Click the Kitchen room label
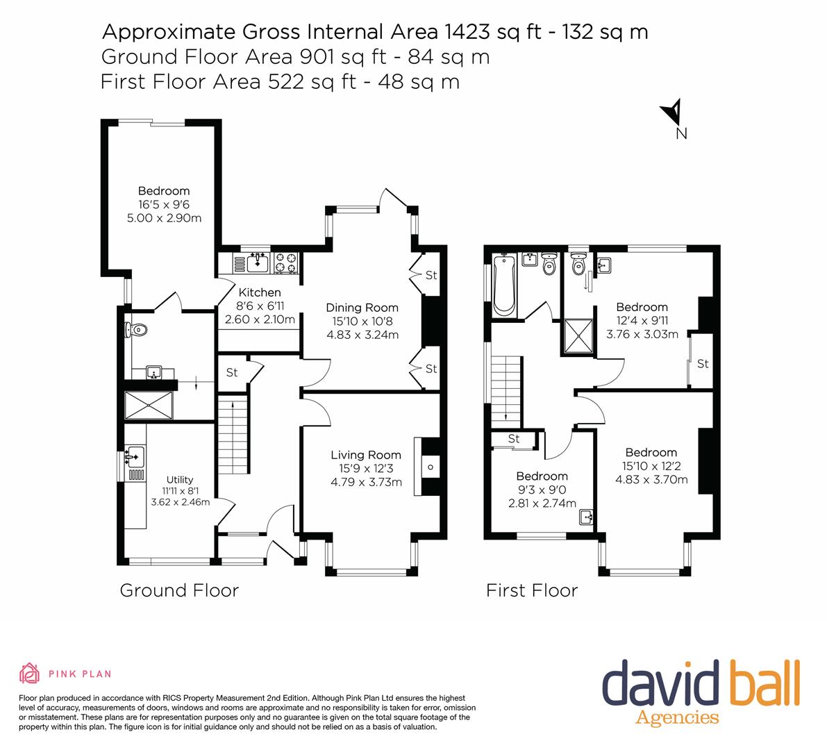[260, 292]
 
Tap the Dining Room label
[362, 308]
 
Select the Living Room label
[365, 456]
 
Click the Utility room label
[179, 480]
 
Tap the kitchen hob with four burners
[286, 262]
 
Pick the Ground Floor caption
[179, 590]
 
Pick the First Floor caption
[532, 590]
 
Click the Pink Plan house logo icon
[29, 673]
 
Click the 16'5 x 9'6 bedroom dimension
[163, 205]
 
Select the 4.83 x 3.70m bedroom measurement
[651, 479]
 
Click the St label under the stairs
[232, 373]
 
